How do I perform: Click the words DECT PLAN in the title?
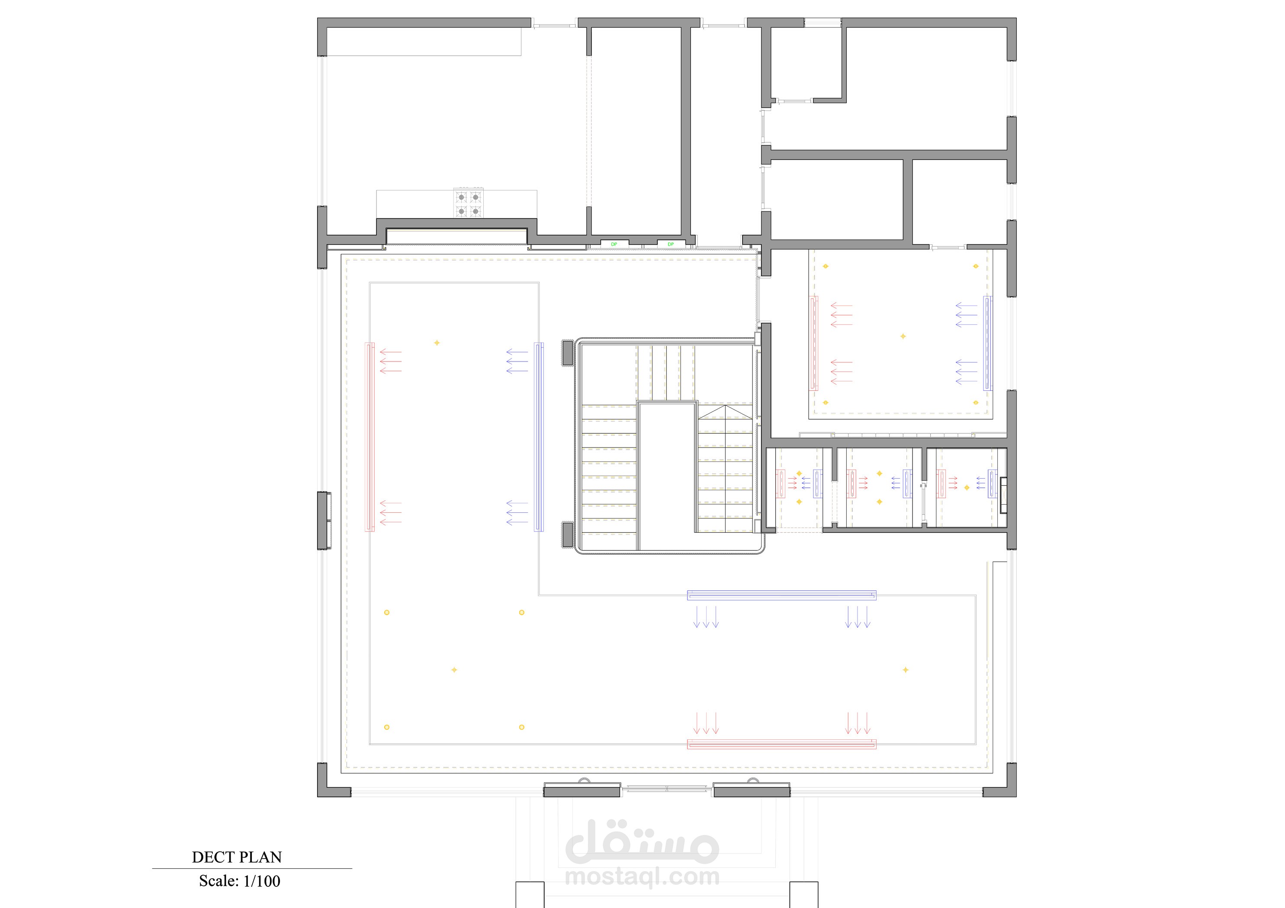point(237,857)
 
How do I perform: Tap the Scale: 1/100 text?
point(240,881)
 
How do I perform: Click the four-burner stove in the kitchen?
point(469,204)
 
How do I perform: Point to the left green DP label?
point(614,244)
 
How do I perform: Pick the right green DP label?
point(671,244)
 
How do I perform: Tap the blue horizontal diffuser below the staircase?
point(781,595)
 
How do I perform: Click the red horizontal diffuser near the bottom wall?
point(781,744)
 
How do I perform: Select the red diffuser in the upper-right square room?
point(814,343)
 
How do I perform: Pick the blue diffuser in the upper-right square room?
point(988,343)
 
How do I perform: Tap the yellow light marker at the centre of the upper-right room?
point(903,336)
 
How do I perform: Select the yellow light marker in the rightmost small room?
point(967,488)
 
